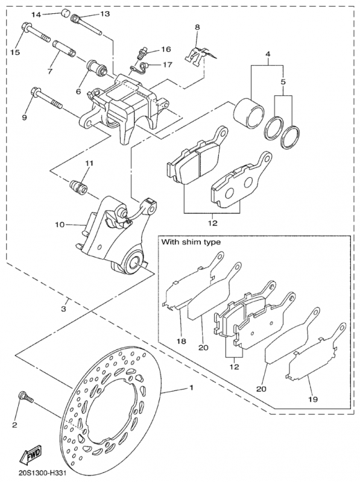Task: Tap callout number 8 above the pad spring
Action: tap(196, 27)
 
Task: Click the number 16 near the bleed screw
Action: tap(166, 49)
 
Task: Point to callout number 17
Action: tap(166, 64)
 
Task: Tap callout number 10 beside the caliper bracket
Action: tap(60, 225)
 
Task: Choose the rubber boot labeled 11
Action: tap(78, 184)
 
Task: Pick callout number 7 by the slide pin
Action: tap(50, 71)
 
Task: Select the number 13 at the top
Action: tap(105, 13)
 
